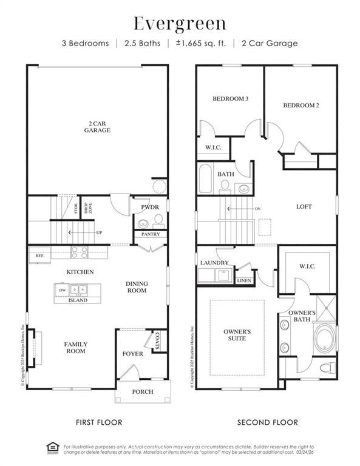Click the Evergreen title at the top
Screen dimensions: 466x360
[x=180, y=24]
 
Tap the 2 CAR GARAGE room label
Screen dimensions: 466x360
[x=97, y=126]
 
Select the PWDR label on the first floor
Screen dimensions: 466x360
[x=150, y=208]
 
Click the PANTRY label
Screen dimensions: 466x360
[x=150, y=234]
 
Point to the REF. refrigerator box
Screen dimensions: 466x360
[x=40, y=256]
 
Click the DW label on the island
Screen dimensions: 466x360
[x=63, y=291]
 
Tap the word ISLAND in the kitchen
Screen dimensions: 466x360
[x=78, y=300]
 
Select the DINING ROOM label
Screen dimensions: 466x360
[x=137, y=287]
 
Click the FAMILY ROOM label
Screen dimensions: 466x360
[x=76, y=348]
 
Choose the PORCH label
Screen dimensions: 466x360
[x=143, y=391]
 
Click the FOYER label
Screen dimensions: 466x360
[x=132, y=353]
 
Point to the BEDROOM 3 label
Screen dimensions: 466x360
[x=230, y=99]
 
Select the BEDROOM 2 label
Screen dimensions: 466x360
[x=301, y=105]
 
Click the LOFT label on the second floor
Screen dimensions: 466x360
[x=304, y=206]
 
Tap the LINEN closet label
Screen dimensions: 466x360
[x=244, y=281]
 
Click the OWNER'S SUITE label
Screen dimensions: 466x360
[x=237, y=335]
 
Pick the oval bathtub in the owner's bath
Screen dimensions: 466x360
[x=323, y=337]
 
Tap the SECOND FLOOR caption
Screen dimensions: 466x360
[x=267, y=422]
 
